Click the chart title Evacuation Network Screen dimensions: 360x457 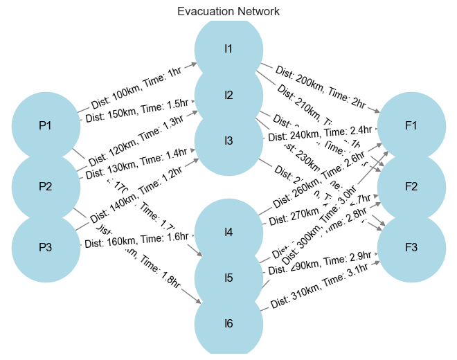(x=228, y=12)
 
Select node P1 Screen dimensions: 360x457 (x=46, y=126)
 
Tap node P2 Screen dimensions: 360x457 (x=46, y=187)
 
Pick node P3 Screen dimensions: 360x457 (x=46, y=248)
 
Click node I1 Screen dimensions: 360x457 (x=228, y=49)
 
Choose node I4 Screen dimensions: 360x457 (x=228, y=233)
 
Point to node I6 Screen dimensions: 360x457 (x=228, y=324)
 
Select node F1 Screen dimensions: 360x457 (x=411, y=126)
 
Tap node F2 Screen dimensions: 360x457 (x=411, y=187)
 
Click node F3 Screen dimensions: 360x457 (x=411, y=248)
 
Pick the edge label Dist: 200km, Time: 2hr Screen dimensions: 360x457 (x=320, y=87)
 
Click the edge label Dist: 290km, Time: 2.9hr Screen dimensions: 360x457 (x=320, y=263)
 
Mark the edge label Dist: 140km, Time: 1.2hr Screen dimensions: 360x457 (x=137, y=195)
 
